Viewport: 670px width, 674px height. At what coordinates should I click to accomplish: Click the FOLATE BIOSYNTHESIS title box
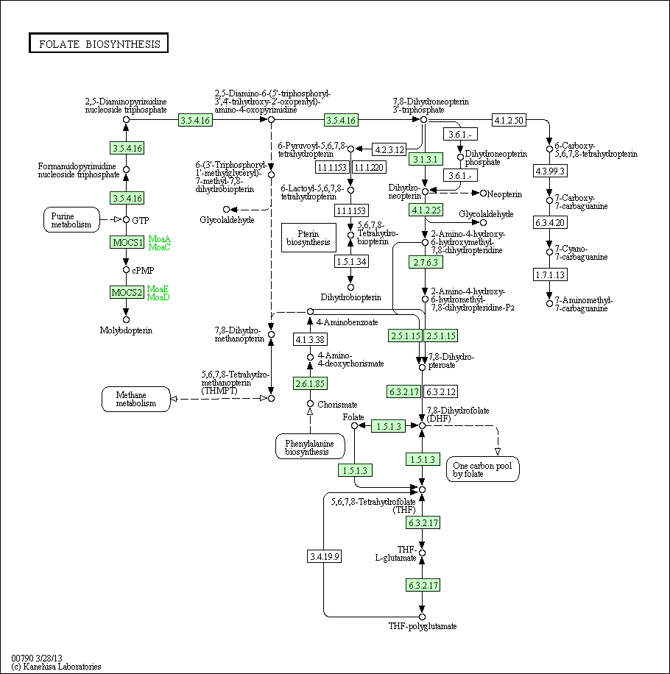click(99, 43)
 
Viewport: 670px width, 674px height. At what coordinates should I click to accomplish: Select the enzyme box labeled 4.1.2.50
click(509, 120)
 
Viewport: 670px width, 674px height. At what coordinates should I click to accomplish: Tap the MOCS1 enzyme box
click(127, 242)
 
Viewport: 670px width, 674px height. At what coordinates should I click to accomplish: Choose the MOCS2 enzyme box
click(127, 292)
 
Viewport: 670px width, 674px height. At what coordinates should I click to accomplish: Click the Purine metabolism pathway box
click(71, 219)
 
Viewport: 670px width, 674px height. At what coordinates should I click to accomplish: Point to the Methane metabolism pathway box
click(135, 399)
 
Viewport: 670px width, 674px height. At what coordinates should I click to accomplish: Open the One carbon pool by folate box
click(482, 469)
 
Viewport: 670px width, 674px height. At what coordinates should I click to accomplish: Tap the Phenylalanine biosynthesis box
click(310, 447)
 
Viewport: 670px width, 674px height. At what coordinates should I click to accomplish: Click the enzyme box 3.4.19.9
click(325, 556)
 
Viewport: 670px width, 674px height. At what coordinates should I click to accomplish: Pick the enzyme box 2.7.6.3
click(426, 262)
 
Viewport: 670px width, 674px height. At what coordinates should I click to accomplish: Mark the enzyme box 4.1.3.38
click(310, 339)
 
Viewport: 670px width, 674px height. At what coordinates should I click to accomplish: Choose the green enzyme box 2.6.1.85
click(310, 383)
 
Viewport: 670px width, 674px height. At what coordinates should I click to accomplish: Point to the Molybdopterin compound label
click(126, 330)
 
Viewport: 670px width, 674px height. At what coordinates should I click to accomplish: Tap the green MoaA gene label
click(159, 238)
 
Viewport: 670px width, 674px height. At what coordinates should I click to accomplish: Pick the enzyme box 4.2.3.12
click(389, 149)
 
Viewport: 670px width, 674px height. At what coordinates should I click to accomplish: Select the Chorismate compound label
click(337, 405)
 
